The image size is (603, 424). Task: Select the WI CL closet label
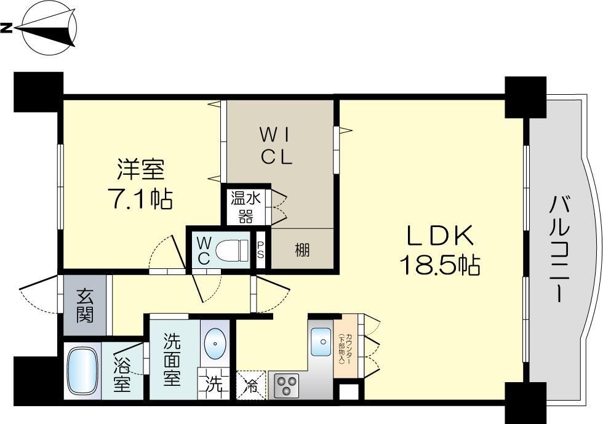point(276,145)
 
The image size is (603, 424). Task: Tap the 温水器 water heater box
point(245,207)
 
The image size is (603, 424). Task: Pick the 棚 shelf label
point(301,250)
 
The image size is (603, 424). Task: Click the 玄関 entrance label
point(85,306)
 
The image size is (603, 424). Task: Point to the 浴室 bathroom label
point(122,374)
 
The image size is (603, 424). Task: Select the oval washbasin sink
point(215,343)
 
